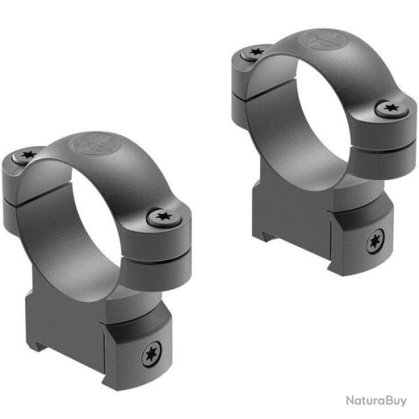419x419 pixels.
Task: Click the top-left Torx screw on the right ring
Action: point(256,52)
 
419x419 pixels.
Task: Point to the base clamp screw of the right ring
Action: point(376,242)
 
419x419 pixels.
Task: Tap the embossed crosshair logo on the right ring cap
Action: point(322,41)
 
